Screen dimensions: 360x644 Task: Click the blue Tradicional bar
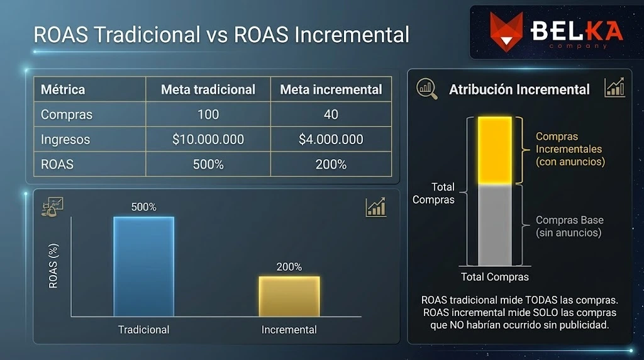[x=143, y=266]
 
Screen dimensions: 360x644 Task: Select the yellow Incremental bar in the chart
[x=289, y=296]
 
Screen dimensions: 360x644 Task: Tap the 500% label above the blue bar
[x=143, y=206]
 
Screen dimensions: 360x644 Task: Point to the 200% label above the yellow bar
[x=289, y=266]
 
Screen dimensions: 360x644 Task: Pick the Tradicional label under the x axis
[x=143, y=329]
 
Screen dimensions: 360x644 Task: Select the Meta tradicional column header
[x=208, y=89]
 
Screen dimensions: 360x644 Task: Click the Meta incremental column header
[x=331, y=89]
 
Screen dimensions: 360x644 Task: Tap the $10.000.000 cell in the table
[x=208, y=139]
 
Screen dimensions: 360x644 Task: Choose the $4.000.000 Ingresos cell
[x=331, y=139]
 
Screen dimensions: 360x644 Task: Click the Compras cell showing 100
[x=208, y=114]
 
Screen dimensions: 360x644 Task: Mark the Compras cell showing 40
[x=331, y=114]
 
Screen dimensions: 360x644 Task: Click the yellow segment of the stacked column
[x=494, y=150]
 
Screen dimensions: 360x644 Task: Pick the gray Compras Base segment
[x=494, y=225]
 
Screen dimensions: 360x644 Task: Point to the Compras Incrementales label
[x=569, y=149]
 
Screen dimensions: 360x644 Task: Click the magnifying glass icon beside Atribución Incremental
[x=427, y=89]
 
